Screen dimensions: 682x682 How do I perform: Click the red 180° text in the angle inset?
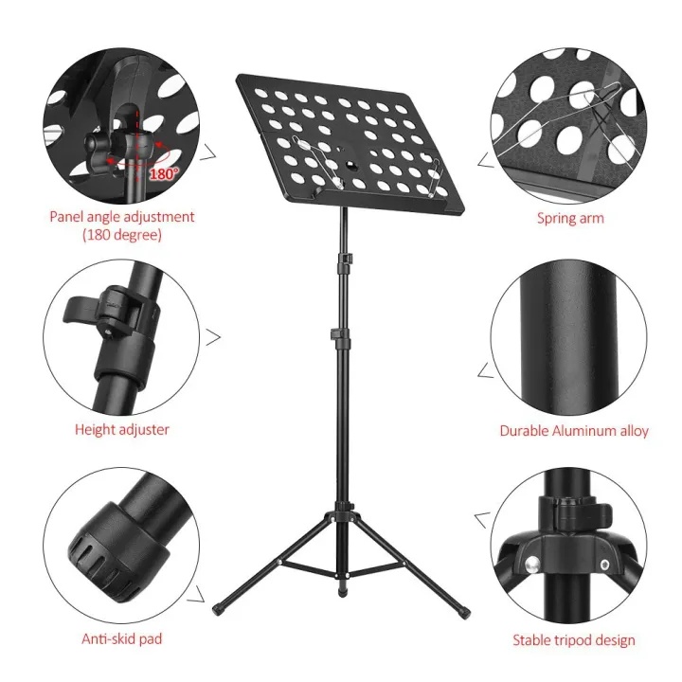click(x=164, y=174)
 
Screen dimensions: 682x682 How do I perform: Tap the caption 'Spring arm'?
click(x=570, y=218)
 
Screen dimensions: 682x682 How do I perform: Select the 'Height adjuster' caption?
click(x=122, y=430)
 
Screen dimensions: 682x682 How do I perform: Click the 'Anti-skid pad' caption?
click(x=122, y=638)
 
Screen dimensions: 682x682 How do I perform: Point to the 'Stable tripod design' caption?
click(x=574, y=640)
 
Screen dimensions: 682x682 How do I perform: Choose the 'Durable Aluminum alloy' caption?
click(x=574, y=431)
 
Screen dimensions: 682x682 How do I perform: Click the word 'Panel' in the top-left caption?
click(x=66, y=217)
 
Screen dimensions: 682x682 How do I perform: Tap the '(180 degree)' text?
click(x=122, y=235)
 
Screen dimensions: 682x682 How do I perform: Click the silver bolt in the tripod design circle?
click(x=532, y=565)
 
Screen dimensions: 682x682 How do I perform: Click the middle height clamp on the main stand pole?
click(x=340, y=335)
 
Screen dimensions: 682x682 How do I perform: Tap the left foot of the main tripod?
click(x=219, y=607)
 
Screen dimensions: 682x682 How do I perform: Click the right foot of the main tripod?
click(x=464, y=613)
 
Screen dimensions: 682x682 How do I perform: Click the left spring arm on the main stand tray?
click(x=318, y=162)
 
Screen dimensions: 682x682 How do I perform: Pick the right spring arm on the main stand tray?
click(x=435, y=177)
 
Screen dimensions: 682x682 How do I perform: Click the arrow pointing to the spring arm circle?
click(x=486, y=160)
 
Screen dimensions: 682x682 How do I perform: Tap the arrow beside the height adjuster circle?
click(x=213, y=337)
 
